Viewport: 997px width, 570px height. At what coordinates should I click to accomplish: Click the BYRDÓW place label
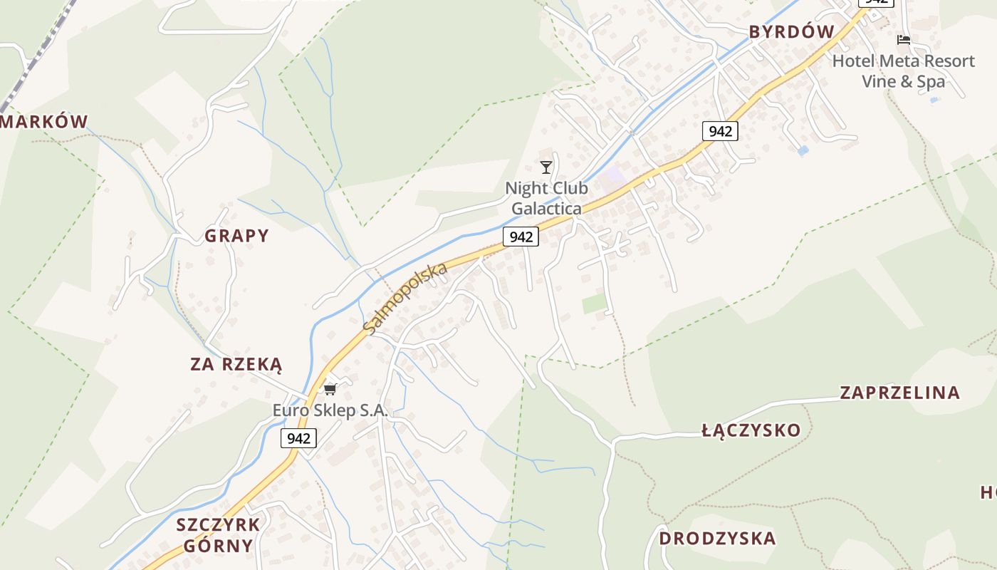(x=791, y=31)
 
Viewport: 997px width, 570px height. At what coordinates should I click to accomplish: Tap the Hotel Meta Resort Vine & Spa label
(x=903, y=71)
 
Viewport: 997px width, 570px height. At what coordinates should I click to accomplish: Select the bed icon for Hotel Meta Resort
(x=904, y=40)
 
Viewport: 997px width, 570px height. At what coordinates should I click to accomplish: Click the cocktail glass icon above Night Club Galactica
(x=546, y=167)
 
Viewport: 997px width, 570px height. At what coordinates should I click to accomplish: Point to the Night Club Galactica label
(x=546, y=198)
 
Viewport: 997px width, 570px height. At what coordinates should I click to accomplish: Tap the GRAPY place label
(x=237, y=236)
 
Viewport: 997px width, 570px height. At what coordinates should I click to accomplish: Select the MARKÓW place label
(x=44, y=122)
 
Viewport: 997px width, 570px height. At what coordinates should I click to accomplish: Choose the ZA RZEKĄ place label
(x=236, y=365)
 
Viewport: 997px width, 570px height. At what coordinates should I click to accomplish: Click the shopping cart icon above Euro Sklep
(x=330, y=389)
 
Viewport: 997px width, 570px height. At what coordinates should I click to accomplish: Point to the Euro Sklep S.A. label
(x=330, y=410)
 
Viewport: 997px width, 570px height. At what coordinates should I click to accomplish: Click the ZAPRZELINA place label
(x=899, y=393)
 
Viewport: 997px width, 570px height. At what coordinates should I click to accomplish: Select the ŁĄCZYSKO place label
(x=751, y=430)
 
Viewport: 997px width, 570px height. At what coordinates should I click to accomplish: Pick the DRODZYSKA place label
(x=717, y=538)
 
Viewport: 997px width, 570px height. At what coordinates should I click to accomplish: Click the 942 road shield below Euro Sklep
(x=298, y=437)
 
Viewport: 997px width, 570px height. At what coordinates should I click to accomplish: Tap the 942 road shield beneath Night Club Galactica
(x=521, y=237)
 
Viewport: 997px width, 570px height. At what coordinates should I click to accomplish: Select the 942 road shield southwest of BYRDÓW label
(x=720, y=131)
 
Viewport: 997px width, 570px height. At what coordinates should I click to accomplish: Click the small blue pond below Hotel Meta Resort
(x=803, y=151)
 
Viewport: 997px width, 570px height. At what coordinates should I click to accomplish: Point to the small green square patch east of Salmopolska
(x=595, y=304)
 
